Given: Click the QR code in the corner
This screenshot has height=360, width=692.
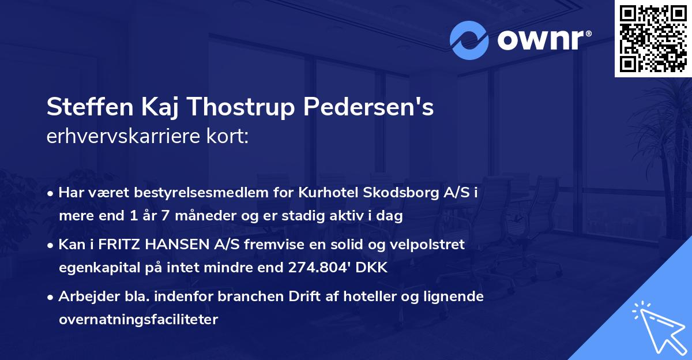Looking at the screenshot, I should [x=653, y=39].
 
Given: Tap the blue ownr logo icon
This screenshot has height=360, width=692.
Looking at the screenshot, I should [x=469, y=40].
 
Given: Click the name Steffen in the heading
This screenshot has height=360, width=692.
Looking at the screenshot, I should [x=81, y=108].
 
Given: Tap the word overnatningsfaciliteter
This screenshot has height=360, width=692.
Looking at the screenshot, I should [x=138, y=320].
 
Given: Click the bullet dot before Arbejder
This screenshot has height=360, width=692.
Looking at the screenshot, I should [x=52, y=297].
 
